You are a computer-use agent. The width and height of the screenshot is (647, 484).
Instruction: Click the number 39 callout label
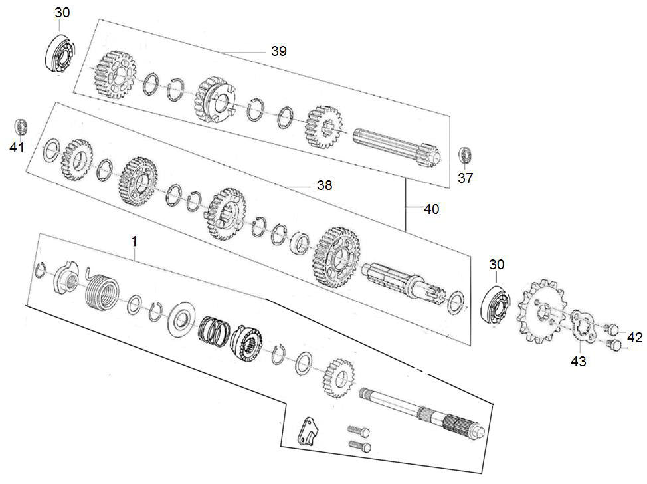[279, 51]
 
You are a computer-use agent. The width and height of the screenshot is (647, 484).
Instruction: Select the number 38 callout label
[324, 186]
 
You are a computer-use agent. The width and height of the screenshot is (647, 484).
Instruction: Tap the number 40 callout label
[432, 209]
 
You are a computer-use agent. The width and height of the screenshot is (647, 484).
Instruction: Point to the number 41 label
[17, 147]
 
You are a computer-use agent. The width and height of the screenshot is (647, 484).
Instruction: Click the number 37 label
[465, 178]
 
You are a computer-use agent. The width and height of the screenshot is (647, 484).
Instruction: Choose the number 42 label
[634, 338]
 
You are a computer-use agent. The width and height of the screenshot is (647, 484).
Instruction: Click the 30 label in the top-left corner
[61, 13]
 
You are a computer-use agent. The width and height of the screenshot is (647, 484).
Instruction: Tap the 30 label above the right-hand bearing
[496, 265]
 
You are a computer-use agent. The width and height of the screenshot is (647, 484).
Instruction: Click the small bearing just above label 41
[21, 126]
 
